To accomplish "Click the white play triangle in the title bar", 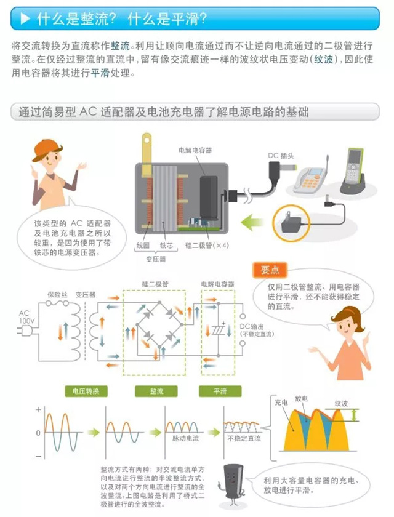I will point(25,19).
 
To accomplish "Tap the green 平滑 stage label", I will point(220,391).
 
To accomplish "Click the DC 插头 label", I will point(283,156).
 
